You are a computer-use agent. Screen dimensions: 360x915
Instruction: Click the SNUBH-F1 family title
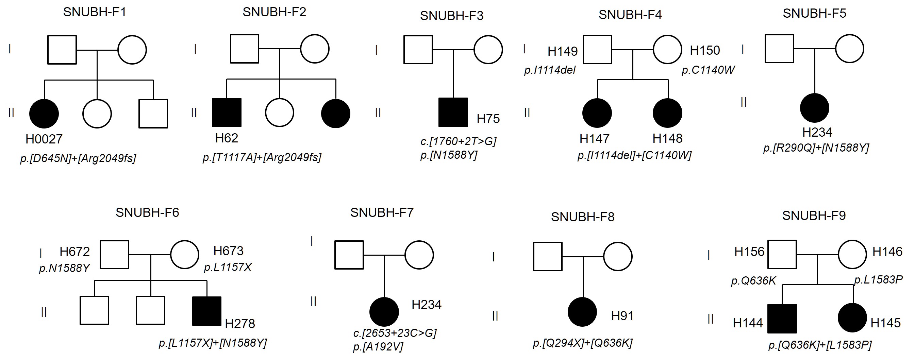(95, 13)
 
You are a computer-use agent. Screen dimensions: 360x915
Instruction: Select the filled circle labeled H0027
(44, 114)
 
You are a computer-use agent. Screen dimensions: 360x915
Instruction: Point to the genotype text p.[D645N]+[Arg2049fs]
(78, 158)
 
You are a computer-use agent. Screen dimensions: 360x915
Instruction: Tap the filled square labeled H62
(227, 113)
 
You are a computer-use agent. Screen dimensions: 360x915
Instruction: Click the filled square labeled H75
(453, 113)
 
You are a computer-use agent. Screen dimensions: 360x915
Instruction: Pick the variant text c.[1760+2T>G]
(458, 141)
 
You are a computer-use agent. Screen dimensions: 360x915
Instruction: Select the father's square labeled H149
(597, 49)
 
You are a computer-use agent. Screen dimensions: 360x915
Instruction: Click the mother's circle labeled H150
(667, 49)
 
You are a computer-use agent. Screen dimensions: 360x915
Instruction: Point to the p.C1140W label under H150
(708, 70)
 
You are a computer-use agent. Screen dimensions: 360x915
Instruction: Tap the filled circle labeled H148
(667, 113)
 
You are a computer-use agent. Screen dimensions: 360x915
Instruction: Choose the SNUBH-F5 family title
(814, 14)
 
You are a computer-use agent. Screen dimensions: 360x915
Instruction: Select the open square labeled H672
(114, 255)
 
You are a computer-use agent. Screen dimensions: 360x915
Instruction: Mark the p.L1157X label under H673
(228, 267)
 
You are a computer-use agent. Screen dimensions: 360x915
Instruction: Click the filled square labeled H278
(207, 311)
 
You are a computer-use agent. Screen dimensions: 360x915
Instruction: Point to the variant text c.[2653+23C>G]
(395, 333)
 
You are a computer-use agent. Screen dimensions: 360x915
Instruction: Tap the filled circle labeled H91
(582, 312)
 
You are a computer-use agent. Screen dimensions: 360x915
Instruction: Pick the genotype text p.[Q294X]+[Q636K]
(583, 343)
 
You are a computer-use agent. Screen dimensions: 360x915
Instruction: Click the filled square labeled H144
(782, 319)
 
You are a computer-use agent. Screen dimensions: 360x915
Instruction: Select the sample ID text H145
(885, 323)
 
